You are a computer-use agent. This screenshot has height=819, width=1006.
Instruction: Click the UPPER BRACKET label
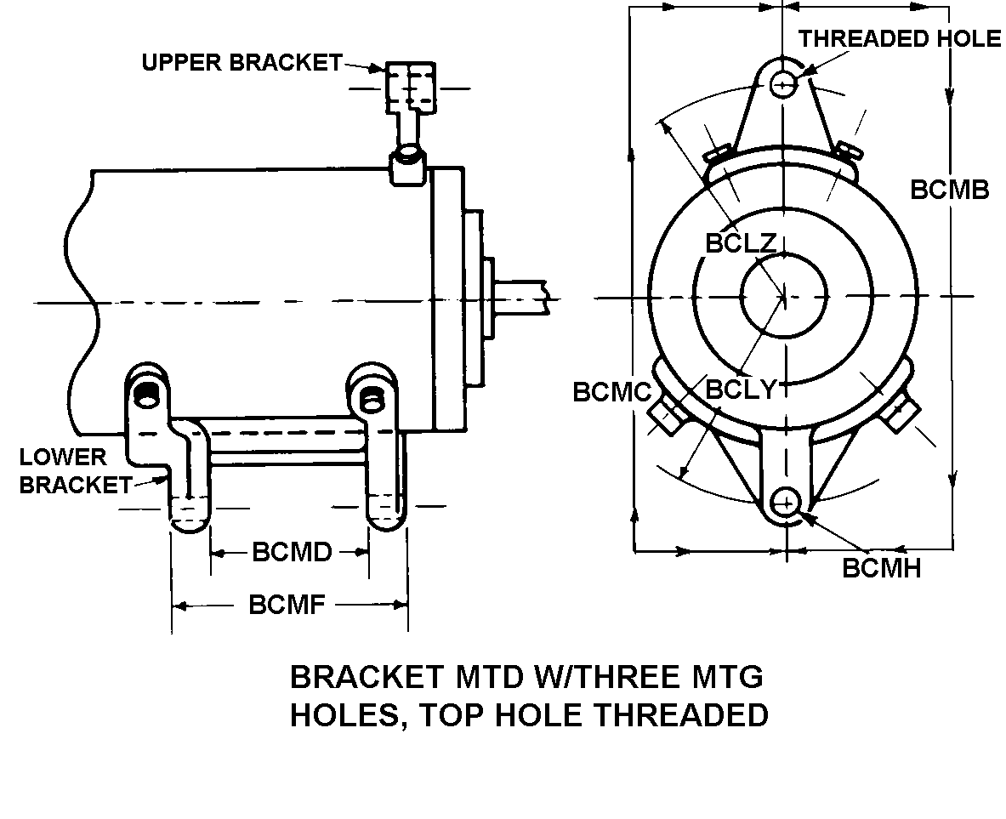coord(242,62)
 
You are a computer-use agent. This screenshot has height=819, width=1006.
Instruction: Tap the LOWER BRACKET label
coord(75,470)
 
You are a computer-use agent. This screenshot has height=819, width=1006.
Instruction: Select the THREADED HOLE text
coord(899,38)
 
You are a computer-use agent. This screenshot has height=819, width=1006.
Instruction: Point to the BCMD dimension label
coord(292,552)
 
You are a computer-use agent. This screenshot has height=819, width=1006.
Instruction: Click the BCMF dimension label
coord(287,605)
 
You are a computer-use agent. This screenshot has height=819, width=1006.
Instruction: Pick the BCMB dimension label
coord(950,190)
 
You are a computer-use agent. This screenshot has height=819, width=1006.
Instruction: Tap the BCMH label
coord(881,568)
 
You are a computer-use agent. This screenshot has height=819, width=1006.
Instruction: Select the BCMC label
coord(611,392)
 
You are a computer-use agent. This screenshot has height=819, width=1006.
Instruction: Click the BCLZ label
coord(741,243)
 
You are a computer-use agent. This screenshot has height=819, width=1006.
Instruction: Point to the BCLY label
coord(741,390)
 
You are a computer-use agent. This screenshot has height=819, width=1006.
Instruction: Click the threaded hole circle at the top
coord(782,83)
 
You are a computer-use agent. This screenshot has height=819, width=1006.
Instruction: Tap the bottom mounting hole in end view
coord(785,502)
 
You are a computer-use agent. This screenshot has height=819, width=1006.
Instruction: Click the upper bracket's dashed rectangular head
coord(411,88)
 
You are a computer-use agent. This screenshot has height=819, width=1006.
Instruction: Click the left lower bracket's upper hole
coord(148,396)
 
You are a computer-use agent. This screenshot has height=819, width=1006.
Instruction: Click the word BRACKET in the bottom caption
coord(367,676)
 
